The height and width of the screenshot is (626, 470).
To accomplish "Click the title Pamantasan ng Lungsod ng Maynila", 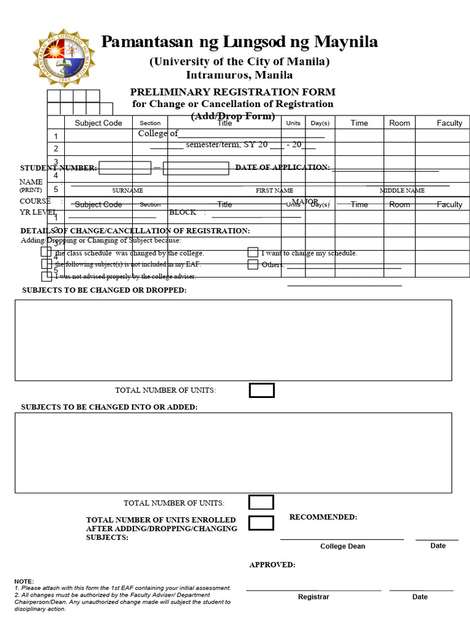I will coord(239,42).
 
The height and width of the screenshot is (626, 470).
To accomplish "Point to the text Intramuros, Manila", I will coord(239,75).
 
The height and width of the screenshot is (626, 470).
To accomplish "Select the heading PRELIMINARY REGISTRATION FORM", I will coord(233,92).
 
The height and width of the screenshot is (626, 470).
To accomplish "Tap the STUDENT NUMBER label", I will coord(58,168).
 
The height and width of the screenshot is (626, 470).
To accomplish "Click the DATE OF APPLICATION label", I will coord(282,168).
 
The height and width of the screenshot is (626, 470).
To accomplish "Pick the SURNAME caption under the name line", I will coord(127,191).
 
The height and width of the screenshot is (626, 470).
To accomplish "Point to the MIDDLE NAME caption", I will coord(402,191).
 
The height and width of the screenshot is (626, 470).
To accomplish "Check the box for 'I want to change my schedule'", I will coord(253,252).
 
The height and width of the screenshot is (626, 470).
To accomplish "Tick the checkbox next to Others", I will coord(253,265).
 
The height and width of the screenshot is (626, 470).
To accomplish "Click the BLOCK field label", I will coord(182,212).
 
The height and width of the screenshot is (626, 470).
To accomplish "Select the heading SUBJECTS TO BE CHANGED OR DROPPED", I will coord(105,290).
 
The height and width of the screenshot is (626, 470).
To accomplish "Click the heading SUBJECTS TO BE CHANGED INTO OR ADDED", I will coord(110,407).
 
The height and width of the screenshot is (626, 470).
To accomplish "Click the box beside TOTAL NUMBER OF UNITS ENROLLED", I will coord(261,523).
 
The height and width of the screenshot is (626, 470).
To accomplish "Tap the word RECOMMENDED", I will coord(323,517).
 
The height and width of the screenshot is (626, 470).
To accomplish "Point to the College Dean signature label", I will coord(343,547).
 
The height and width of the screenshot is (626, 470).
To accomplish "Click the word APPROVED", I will coord(272,565).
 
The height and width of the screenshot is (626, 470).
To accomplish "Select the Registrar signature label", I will coord(313,597).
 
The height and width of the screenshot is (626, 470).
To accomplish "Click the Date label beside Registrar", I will coord(420,597).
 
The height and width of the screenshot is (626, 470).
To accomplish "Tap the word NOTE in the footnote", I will coord(24,581).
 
